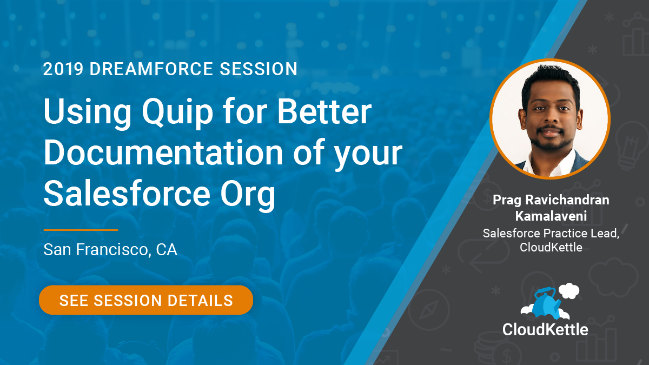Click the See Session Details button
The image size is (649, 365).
146,300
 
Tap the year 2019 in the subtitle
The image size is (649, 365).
63,69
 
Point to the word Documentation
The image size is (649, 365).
163,152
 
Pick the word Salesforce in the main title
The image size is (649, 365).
127,193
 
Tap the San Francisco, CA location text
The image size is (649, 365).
110,249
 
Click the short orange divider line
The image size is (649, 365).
81,230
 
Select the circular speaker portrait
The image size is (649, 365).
550,119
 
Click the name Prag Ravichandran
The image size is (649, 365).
551,200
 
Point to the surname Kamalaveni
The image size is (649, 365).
551,216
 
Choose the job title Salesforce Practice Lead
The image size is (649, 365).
551,234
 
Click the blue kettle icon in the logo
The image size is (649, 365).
545,303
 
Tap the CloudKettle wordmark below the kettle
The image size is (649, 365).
545,330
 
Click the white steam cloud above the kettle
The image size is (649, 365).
569,291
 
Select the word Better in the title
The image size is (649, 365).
325,111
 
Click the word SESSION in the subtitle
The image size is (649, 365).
259,69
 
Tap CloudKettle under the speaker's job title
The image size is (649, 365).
551,248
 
